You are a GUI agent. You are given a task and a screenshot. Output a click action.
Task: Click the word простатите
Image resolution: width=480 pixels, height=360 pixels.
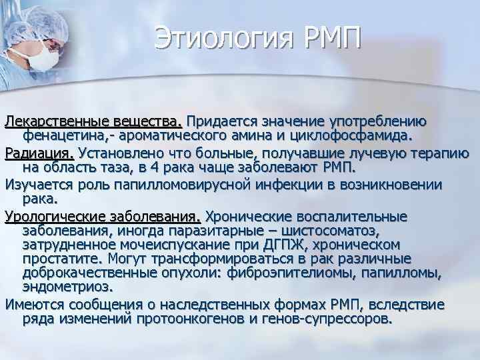60,259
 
